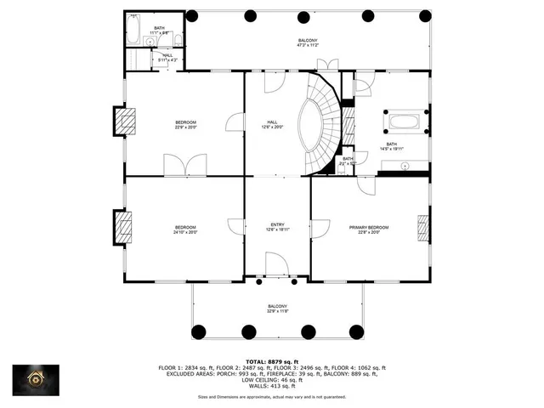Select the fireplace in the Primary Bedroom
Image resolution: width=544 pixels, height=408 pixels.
coord(422,227)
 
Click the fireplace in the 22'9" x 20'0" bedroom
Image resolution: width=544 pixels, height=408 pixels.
coord(126,121)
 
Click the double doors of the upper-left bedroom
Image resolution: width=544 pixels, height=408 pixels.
coord(184,166)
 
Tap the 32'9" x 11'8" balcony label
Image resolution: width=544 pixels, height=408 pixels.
coord(277,309)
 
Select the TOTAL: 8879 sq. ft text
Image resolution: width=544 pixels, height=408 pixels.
coord(271,361)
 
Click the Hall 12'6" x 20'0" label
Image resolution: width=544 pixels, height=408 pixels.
coord(272,124)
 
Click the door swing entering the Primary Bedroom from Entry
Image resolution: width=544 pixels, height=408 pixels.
coord(319,228)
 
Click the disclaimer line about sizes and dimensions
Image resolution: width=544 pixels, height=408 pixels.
coord(271,397)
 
